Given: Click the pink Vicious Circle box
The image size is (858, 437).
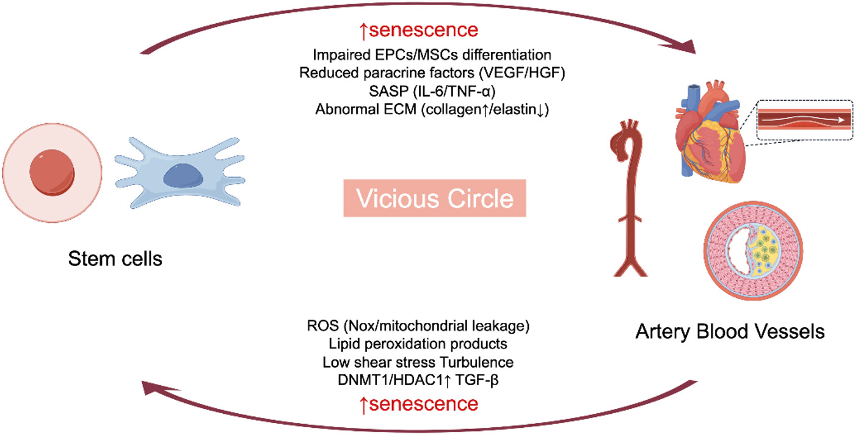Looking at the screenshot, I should tap(434, 198).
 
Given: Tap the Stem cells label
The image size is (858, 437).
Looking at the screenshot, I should tap(115, 259).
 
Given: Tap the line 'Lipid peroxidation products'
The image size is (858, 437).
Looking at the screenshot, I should tap(418, 344).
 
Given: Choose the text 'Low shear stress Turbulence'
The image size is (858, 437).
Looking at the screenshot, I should tap(418, 362).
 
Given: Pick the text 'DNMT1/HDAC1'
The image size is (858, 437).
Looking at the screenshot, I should tap(374, 380).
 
